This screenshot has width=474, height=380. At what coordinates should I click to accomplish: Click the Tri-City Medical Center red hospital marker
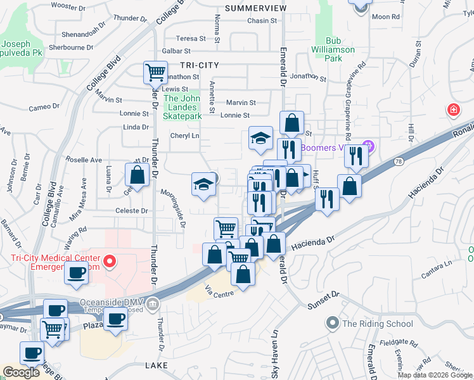coord(109,261)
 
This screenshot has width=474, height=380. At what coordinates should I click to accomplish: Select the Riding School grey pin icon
coord(333,324)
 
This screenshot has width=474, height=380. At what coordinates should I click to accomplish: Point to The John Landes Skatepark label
coord(182,107)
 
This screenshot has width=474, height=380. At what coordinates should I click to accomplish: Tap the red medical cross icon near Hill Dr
coord(453,110)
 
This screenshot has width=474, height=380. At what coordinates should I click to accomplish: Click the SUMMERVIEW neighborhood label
coord(255,8)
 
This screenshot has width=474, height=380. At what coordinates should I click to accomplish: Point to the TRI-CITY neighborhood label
coord(199,65)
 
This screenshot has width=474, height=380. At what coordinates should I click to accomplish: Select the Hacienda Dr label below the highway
coord(312,241)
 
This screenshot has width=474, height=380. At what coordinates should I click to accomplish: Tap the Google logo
coord(22,372)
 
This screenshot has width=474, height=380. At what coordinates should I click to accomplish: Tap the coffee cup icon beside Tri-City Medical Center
coord(77,272)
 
